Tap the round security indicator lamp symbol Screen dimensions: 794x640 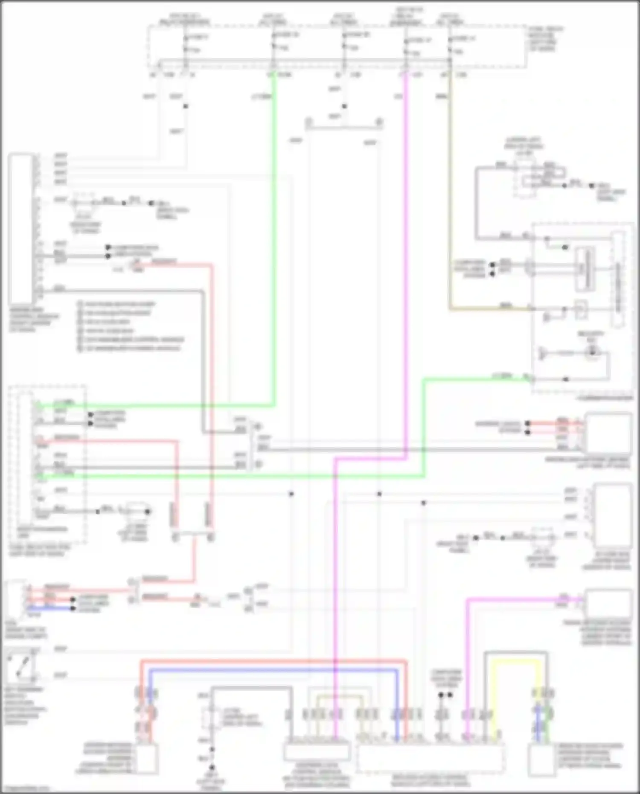coord(592,352)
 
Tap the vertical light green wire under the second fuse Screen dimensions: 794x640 coord(273,239)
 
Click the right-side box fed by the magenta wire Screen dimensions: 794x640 coord(608,602)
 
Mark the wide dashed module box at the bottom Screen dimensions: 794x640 coord(430,757)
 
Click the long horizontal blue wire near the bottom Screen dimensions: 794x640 coord(273,671)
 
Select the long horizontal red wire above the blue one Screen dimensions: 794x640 coord(273,662)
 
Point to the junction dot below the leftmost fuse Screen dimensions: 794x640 coord(186,106)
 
